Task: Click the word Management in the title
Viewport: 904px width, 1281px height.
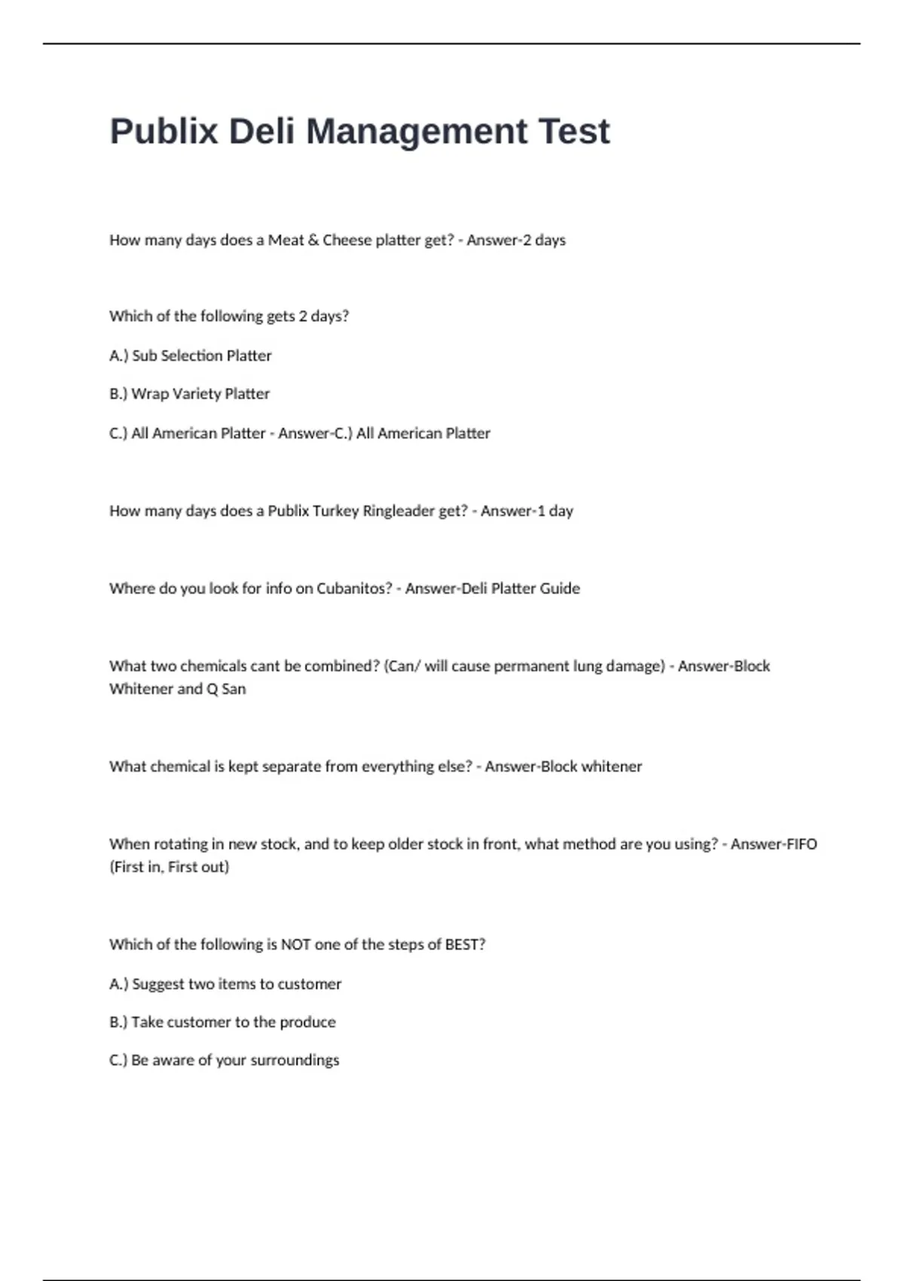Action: click(417, 132)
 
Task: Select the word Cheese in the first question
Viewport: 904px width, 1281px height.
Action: click(347, 240)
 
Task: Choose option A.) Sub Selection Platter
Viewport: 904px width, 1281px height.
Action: click(191, 356)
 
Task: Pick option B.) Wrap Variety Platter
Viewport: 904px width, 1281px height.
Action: click(189, 394)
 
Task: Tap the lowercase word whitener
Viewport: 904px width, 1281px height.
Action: click(612, 766)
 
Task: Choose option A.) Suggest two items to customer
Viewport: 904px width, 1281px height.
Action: click(225, 984)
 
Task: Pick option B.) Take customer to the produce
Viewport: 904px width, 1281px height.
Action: click(222, 1023)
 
